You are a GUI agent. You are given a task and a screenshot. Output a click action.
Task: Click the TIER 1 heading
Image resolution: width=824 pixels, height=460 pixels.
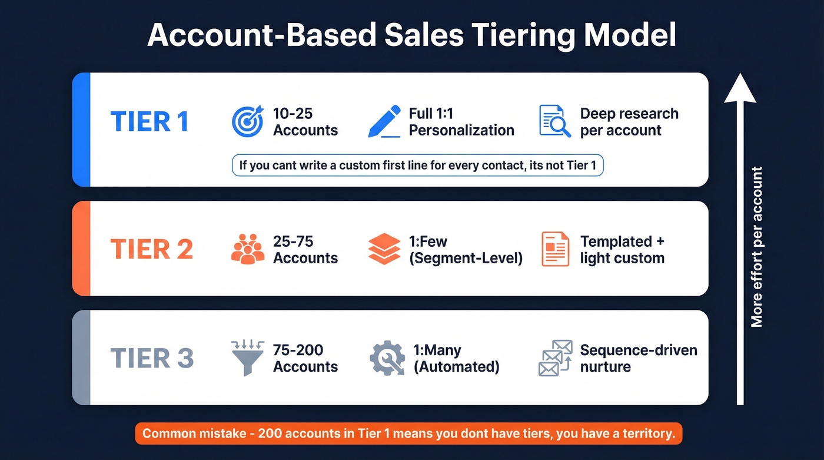[x=149, y=121]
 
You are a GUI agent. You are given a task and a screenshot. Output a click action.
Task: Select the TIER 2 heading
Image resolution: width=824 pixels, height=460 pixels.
[x=151, y=250]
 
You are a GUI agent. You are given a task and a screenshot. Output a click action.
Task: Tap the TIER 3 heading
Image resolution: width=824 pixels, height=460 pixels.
[x=152, y=358]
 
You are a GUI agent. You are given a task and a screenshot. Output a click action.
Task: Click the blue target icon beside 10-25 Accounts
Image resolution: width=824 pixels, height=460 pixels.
[x=248, y=121]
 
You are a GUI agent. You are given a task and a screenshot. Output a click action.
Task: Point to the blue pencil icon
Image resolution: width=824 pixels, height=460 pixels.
[x=384, y=122]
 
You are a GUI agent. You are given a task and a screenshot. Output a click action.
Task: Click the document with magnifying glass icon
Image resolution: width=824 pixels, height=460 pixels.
[x=554, y=121]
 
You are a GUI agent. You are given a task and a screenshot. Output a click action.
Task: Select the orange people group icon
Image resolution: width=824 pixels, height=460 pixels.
[x=248, y=249]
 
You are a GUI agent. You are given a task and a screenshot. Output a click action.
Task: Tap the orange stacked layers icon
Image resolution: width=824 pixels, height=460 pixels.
[x=384, y=249]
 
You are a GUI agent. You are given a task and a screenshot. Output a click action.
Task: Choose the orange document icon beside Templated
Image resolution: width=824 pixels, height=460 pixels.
[x=554, y=249]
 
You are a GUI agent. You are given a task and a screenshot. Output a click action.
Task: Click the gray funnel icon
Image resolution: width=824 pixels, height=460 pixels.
[x=248, y=358]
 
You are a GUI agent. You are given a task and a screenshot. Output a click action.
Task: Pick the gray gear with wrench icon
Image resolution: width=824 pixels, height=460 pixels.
[x=387, y=358]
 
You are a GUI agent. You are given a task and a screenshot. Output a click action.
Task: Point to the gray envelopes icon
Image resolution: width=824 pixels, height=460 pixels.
[x=555, y=358]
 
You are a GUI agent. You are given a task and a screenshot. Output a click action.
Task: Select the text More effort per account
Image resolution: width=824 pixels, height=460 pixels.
[x=757, y=247]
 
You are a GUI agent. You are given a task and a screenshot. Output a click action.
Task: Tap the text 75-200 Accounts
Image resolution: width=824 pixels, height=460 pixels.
[x=305, y=358]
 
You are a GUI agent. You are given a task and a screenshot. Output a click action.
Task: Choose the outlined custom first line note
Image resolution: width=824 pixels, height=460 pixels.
[x=418, y=166]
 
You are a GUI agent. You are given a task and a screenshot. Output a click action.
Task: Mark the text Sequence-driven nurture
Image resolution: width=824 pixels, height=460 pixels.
[x=638, y=358]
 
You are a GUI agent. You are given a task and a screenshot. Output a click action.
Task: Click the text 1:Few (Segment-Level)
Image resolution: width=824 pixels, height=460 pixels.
[x=466, y=250]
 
